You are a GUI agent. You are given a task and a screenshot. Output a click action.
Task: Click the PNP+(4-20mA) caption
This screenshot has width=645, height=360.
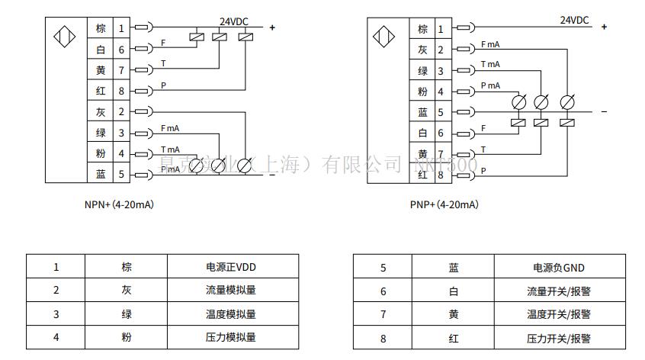[x=444, y=204]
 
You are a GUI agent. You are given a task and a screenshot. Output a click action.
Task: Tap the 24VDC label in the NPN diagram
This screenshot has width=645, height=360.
[x=235, y=21]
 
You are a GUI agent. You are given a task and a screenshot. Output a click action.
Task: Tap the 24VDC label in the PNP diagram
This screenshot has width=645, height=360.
[x=574, y=21]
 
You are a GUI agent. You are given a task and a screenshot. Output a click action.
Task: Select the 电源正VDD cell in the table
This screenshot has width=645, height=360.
[x=231, y=267]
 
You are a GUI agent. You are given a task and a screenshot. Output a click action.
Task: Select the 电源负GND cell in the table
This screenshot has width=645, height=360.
[x=559, y=268]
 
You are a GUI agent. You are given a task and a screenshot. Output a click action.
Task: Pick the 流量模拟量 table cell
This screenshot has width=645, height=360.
[x=231, y=291]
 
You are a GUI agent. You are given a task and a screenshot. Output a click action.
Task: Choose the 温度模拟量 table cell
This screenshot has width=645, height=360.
[x=231, y=313]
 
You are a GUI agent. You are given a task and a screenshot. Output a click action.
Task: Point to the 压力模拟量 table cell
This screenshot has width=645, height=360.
[x=231, y=336]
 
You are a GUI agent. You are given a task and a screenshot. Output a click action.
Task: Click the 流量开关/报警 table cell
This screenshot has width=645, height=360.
[x=559, y=291]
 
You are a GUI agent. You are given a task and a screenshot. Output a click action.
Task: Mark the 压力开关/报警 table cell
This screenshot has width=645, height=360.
[x=559, y=338]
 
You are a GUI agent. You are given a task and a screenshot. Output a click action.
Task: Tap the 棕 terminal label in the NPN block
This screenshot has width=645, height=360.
[x=101, y=29]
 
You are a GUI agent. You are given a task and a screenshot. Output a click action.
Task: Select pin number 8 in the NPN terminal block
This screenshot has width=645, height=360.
[x=121, y=92]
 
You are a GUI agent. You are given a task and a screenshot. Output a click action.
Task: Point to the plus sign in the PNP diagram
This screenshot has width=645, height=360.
[x=605, y=27]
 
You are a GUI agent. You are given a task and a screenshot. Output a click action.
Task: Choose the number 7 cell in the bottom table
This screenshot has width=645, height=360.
[x=383, y=313]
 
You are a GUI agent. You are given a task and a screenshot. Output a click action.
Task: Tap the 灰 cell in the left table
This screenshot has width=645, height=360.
[x=127, y=291]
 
